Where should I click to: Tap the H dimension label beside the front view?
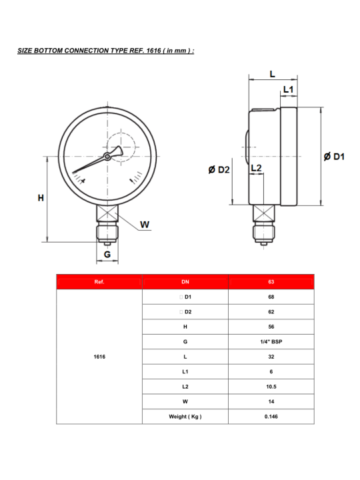click(x=41, y=198)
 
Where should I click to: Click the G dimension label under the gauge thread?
click(x=107, y=254)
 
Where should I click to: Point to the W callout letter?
click(x=145, y=224)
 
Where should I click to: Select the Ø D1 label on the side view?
click(x=333, y=157)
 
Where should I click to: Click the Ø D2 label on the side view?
click(x=219, y=170)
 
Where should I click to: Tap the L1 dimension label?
click(x=289, y=89)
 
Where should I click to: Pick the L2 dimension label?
click(x=256, y=168)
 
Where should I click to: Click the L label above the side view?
click(x=273, y=74)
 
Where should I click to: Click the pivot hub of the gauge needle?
click(x=107, y=157)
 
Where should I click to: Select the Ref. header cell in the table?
click(x=99, y=282)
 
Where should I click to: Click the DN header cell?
click(x=185, y=282)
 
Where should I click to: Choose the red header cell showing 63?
click(x=271, y=282)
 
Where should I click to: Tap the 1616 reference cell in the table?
click(x=99, y=357)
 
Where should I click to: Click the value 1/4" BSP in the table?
click(x=271, y=342)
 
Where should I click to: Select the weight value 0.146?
click(x=271, y=417)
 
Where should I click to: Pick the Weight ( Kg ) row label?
click(x=185, y=417)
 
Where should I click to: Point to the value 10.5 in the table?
click(x=271, y=387)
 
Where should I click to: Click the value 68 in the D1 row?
click(x=271, y=297)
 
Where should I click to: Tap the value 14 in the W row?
click(x=271, y=402)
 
